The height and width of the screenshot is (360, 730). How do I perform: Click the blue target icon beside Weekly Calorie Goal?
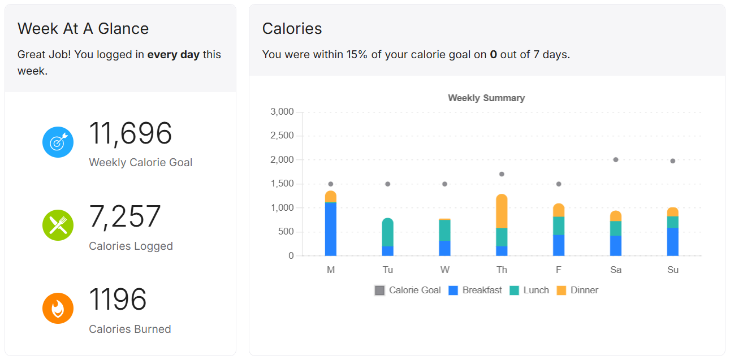58,142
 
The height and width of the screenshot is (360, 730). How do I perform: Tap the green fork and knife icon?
58,225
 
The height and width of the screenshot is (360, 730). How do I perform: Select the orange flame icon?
58,308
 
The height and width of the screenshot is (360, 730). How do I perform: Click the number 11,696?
131,133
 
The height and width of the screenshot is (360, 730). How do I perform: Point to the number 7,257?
125,216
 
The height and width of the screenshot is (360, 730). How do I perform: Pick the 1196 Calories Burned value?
118,300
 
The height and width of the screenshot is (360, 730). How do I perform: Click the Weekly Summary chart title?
486,98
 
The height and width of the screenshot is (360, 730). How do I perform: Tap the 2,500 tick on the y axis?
282,136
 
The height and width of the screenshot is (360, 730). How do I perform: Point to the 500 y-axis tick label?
286,232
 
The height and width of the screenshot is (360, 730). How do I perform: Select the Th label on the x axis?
502,270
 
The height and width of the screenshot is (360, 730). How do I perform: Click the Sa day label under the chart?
616,270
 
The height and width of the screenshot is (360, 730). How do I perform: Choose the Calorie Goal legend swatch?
379,290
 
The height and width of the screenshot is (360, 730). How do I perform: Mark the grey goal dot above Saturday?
616,160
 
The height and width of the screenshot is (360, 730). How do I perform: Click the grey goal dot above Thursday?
502,174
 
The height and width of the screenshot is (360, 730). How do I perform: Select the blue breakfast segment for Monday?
331,229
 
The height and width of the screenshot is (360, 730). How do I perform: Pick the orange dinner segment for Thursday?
502,211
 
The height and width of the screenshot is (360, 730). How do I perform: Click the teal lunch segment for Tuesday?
388,232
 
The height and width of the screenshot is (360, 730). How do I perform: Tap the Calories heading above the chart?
292,29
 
